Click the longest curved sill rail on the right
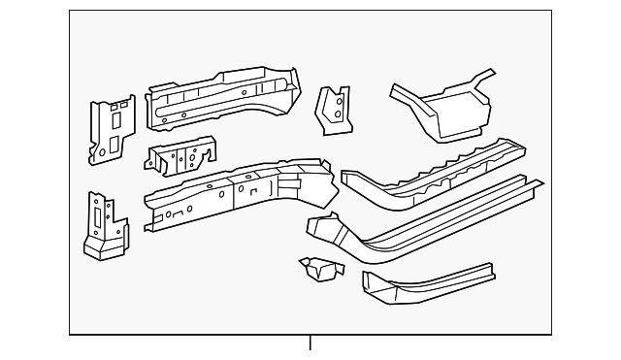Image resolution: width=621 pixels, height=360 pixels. (x=427, y=218)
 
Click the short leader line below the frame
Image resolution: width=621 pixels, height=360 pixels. (x=310, y=344)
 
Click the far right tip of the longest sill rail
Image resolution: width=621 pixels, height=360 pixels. (x=539, y=181)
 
